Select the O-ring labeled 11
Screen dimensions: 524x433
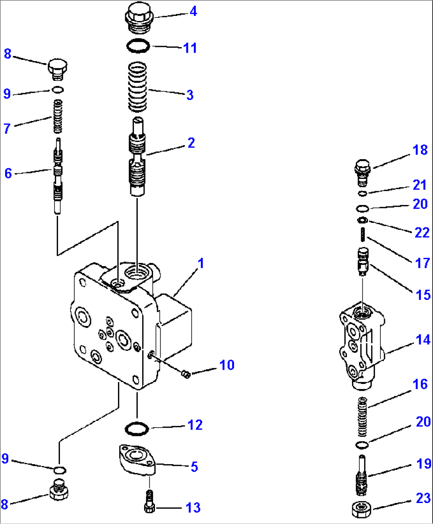point(138,46)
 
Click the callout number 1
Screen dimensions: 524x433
point(201,263)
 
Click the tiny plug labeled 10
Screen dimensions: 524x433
point(185,374)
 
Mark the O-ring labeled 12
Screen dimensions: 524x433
point(137,429)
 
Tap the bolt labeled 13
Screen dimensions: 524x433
point(149,502)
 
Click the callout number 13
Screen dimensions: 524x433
point(193,507)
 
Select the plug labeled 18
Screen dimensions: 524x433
point(362,172)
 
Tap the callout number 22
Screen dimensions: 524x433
point(422,232)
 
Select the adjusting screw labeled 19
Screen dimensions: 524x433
point(361,475)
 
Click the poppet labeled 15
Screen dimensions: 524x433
point(363,260)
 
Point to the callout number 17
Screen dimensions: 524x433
point(422,263)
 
